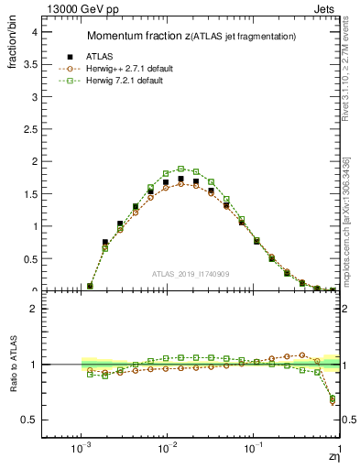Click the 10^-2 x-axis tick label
pos(166,451)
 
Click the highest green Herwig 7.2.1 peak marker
pos(181,169)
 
